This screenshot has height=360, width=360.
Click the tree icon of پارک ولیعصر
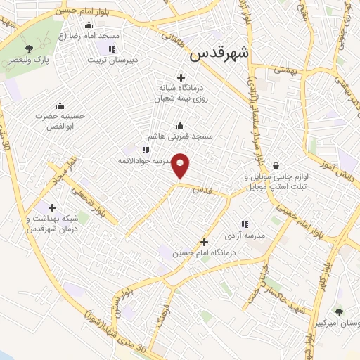29,48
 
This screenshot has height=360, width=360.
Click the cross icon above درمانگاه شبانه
181,77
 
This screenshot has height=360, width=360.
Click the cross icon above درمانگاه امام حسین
205,242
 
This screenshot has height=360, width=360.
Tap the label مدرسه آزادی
244,236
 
